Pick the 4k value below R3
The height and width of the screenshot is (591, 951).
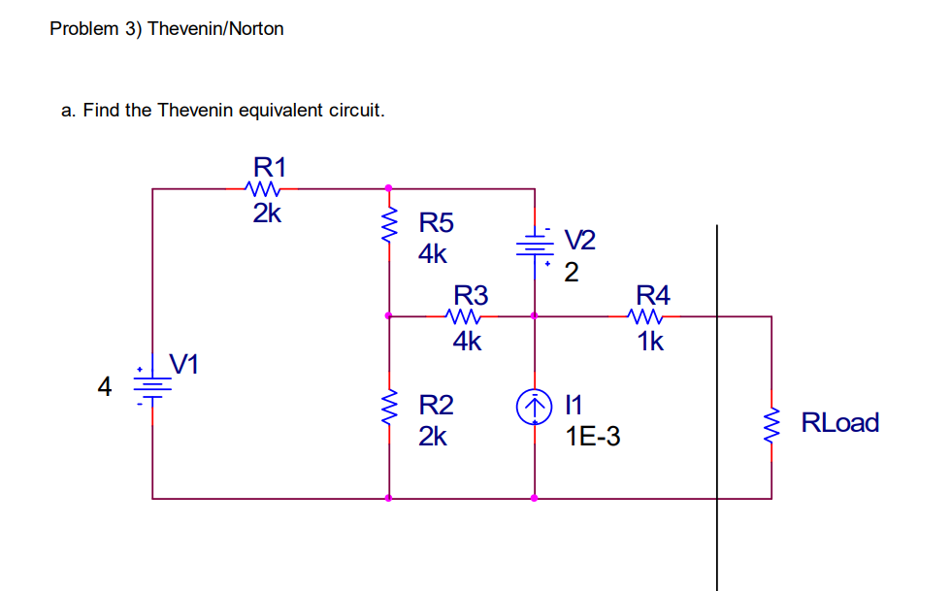467,342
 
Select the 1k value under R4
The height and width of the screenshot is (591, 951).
650,342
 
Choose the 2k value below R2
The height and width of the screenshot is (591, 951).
433,437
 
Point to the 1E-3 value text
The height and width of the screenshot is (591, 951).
593,438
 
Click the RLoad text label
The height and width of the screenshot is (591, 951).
839,423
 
